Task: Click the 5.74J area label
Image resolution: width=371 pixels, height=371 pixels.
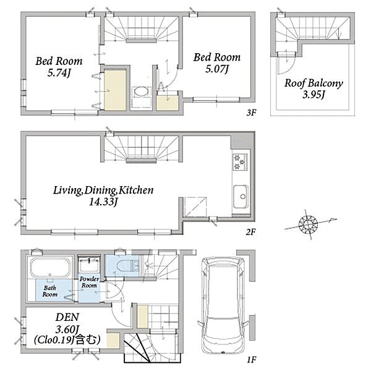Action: (x=59, y=73)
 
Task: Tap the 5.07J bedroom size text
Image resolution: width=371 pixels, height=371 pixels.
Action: (x=217, y=69)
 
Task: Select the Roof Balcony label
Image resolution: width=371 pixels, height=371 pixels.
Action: (x=313, y=83)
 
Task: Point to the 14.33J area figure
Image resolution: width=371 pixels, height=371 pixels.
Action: (x=103, y=202)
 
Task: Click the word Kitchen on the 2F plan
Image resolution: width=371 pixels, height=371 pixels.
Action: (x=136, y=190)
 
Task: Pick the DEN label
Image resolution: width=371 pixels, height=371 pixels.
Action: (x=67, y=317)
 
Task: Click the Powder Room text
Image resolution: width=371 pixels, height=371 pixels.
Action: (x=89, y=283)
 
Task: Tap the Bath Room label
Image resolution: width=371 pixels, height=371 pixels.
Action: (x=50, y=291)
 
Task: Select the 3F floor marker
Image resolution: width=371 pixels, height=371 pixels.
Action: (x=251, y=113)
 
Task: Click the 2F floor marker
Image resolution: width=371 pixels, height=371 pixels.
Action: (x=250, y=232)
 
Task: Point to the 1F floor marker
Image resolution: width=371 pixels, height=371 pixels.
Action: (x=252, y=360)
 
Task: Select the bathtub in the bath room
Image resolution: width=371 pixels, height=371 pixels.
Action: (x=51, y=267)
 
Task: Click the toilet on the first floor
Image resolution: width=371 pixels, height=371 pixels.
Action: (x=128, y=265)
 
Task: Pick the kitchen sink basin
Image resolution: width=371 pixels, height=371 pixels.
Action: (x=241, y=196)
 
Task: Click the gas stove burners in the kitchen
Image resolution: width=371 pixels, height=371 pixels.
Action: (x=240, y=162)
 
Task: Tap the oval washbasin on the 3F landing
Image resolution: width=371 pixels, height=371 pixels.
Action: (x=141, y=92)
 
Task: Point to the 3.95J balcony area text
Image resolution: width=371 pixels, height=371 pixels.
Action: (x=313, y=95)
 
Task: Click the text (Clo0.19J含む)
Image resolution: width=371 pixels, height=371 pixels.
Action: (x=67, y=339)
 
